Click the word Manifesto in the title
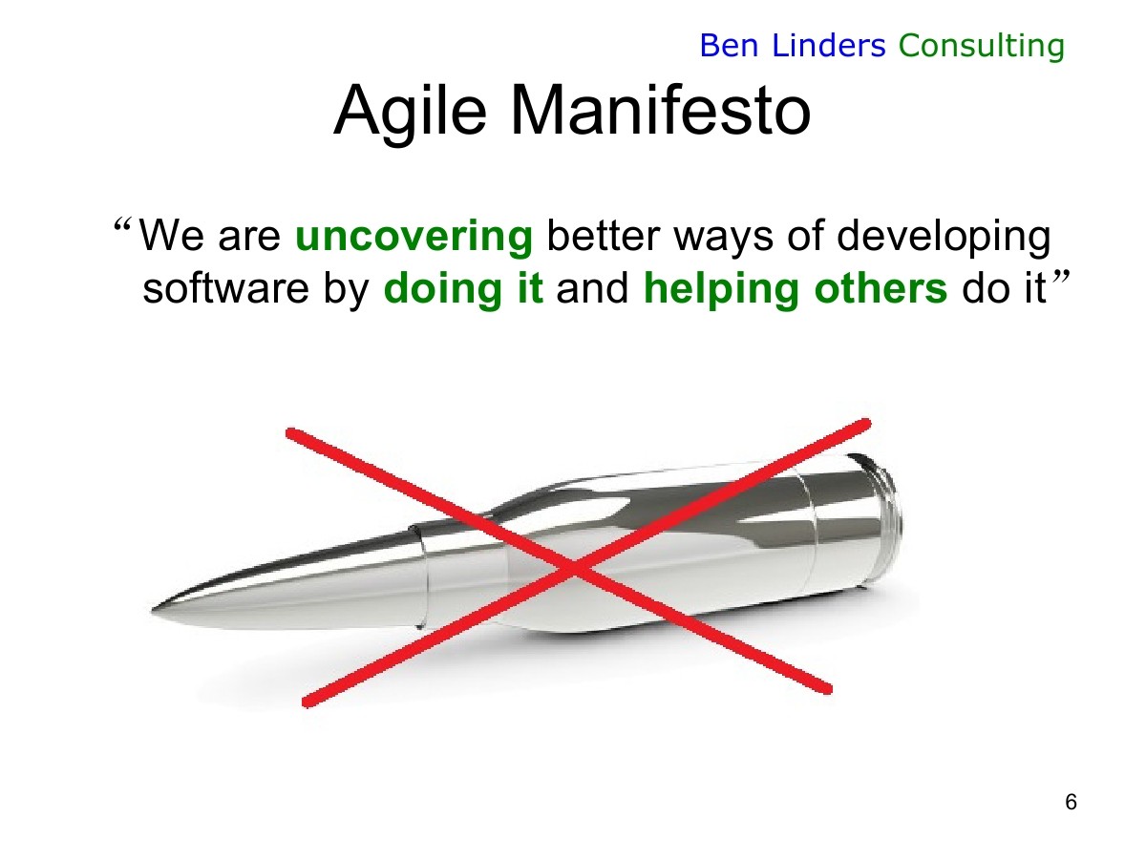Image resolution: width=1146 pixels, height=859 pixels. point(661,111)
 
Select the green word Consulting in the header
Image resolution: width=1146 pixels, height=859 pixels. point(981,47)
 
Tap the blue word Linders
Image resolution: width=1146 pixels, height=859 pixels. point(829,46)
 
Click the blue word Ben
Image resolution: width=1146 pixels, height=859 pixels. point(729,46)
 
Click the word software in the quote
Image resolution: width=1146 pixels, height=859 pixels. point(225,288)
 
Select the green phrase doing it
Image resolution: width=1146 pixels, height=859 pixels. point(463,289)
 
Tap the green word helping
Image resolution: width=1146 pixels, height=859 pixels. point(721,289)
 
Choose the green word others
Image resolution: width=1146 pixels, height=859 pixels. point(881,288)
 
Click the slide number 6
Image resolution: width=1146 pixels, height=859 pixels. point(1071,802)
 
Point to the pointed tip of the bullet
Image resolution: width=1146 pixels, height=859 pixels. point(153,610)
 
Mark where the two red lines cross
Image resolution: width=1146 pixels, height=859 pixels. point(574,568)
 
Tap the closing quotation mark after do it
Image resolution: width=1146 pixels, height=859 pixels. point(1061,278)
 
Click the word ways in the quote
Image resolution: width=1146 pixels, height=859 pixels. point(723,240)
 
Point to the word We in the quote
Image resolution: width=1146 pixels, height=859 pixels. point(172,237)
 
